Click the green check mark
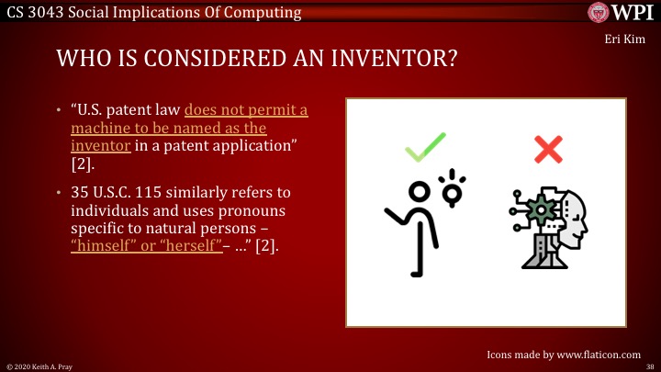(x=424, y=146)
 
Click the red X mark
(x=548, y=148)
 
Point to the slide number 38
(x=648, y=366)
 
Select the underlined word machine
(x=105, y=128)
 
